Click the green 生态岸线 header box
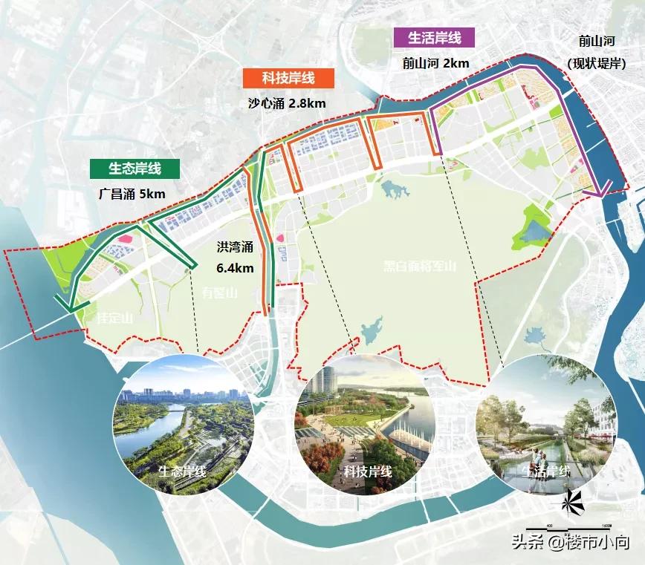point(134,169)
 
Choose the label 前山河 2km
point(435,63)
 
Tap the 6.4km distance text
point(235,267)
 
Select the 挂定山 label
point(114,319)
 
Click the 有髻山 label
point(219,293)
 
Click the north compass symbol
point(573,503)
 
